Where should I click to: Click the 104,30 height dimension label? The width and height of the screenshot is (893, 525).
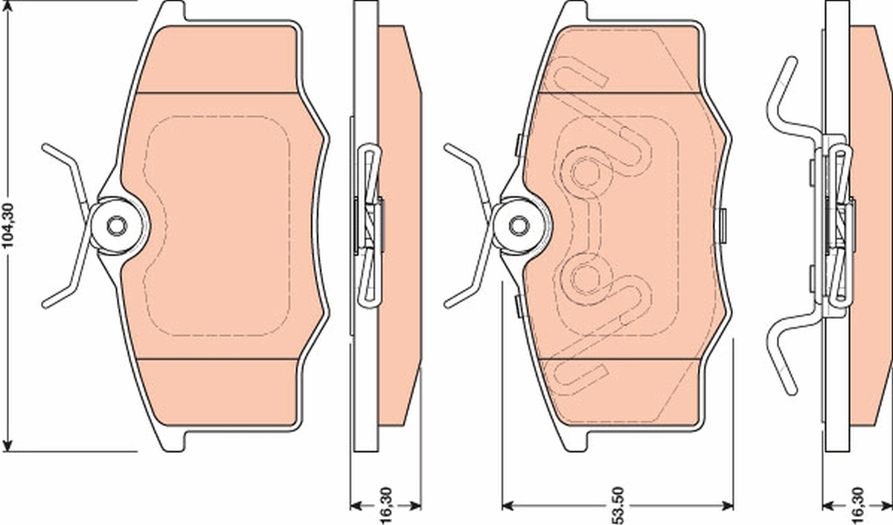(9, 226)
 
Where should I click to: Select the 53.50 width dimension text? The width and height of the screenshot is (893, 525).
(617, 505)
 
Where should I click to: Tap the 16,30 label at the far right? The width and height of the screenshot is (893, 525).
(859, 505)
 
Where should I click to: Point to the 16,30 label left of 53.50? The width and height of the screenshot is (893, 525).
(385, 505)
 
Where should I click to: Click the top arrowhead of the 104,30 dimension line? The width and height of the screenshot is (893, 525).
(9, 13)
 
